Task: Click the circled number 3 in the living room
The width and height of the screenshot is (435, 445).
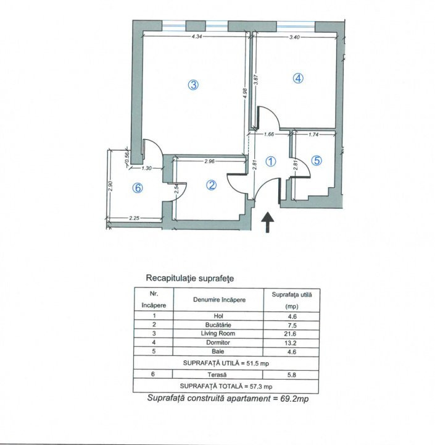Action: click(193, 86)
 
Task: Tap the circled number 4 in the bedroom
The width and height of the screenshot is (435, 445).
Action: click(297, 78)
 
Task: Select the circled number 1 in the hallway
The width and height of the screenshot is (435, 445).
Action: click(270, 161)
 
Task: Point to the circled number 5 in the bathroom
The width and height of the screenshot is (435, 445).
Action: click(317, 161)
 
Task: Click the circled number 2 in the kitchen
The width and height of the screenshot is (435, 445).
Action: click(211, 185)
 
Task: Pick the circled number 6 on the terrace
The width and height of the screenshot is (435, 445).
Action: click(138, 189)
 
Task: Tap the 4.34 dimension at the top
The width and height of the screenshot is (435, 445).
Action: click(197, 38)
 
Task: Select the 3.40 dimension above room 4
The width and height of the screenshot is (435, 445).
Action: click(294, 38)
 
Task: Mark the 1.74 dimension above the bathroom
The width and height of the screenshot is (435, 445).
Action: click(313, 134)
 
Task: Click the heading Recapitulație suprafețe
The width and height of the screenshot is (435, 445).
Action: click(189, 279)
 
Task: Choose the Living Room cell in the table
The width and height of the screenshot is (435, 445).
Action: click(219, 334)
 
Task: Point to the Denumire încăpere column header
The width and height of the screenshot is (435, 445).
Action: click(219, 300)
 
